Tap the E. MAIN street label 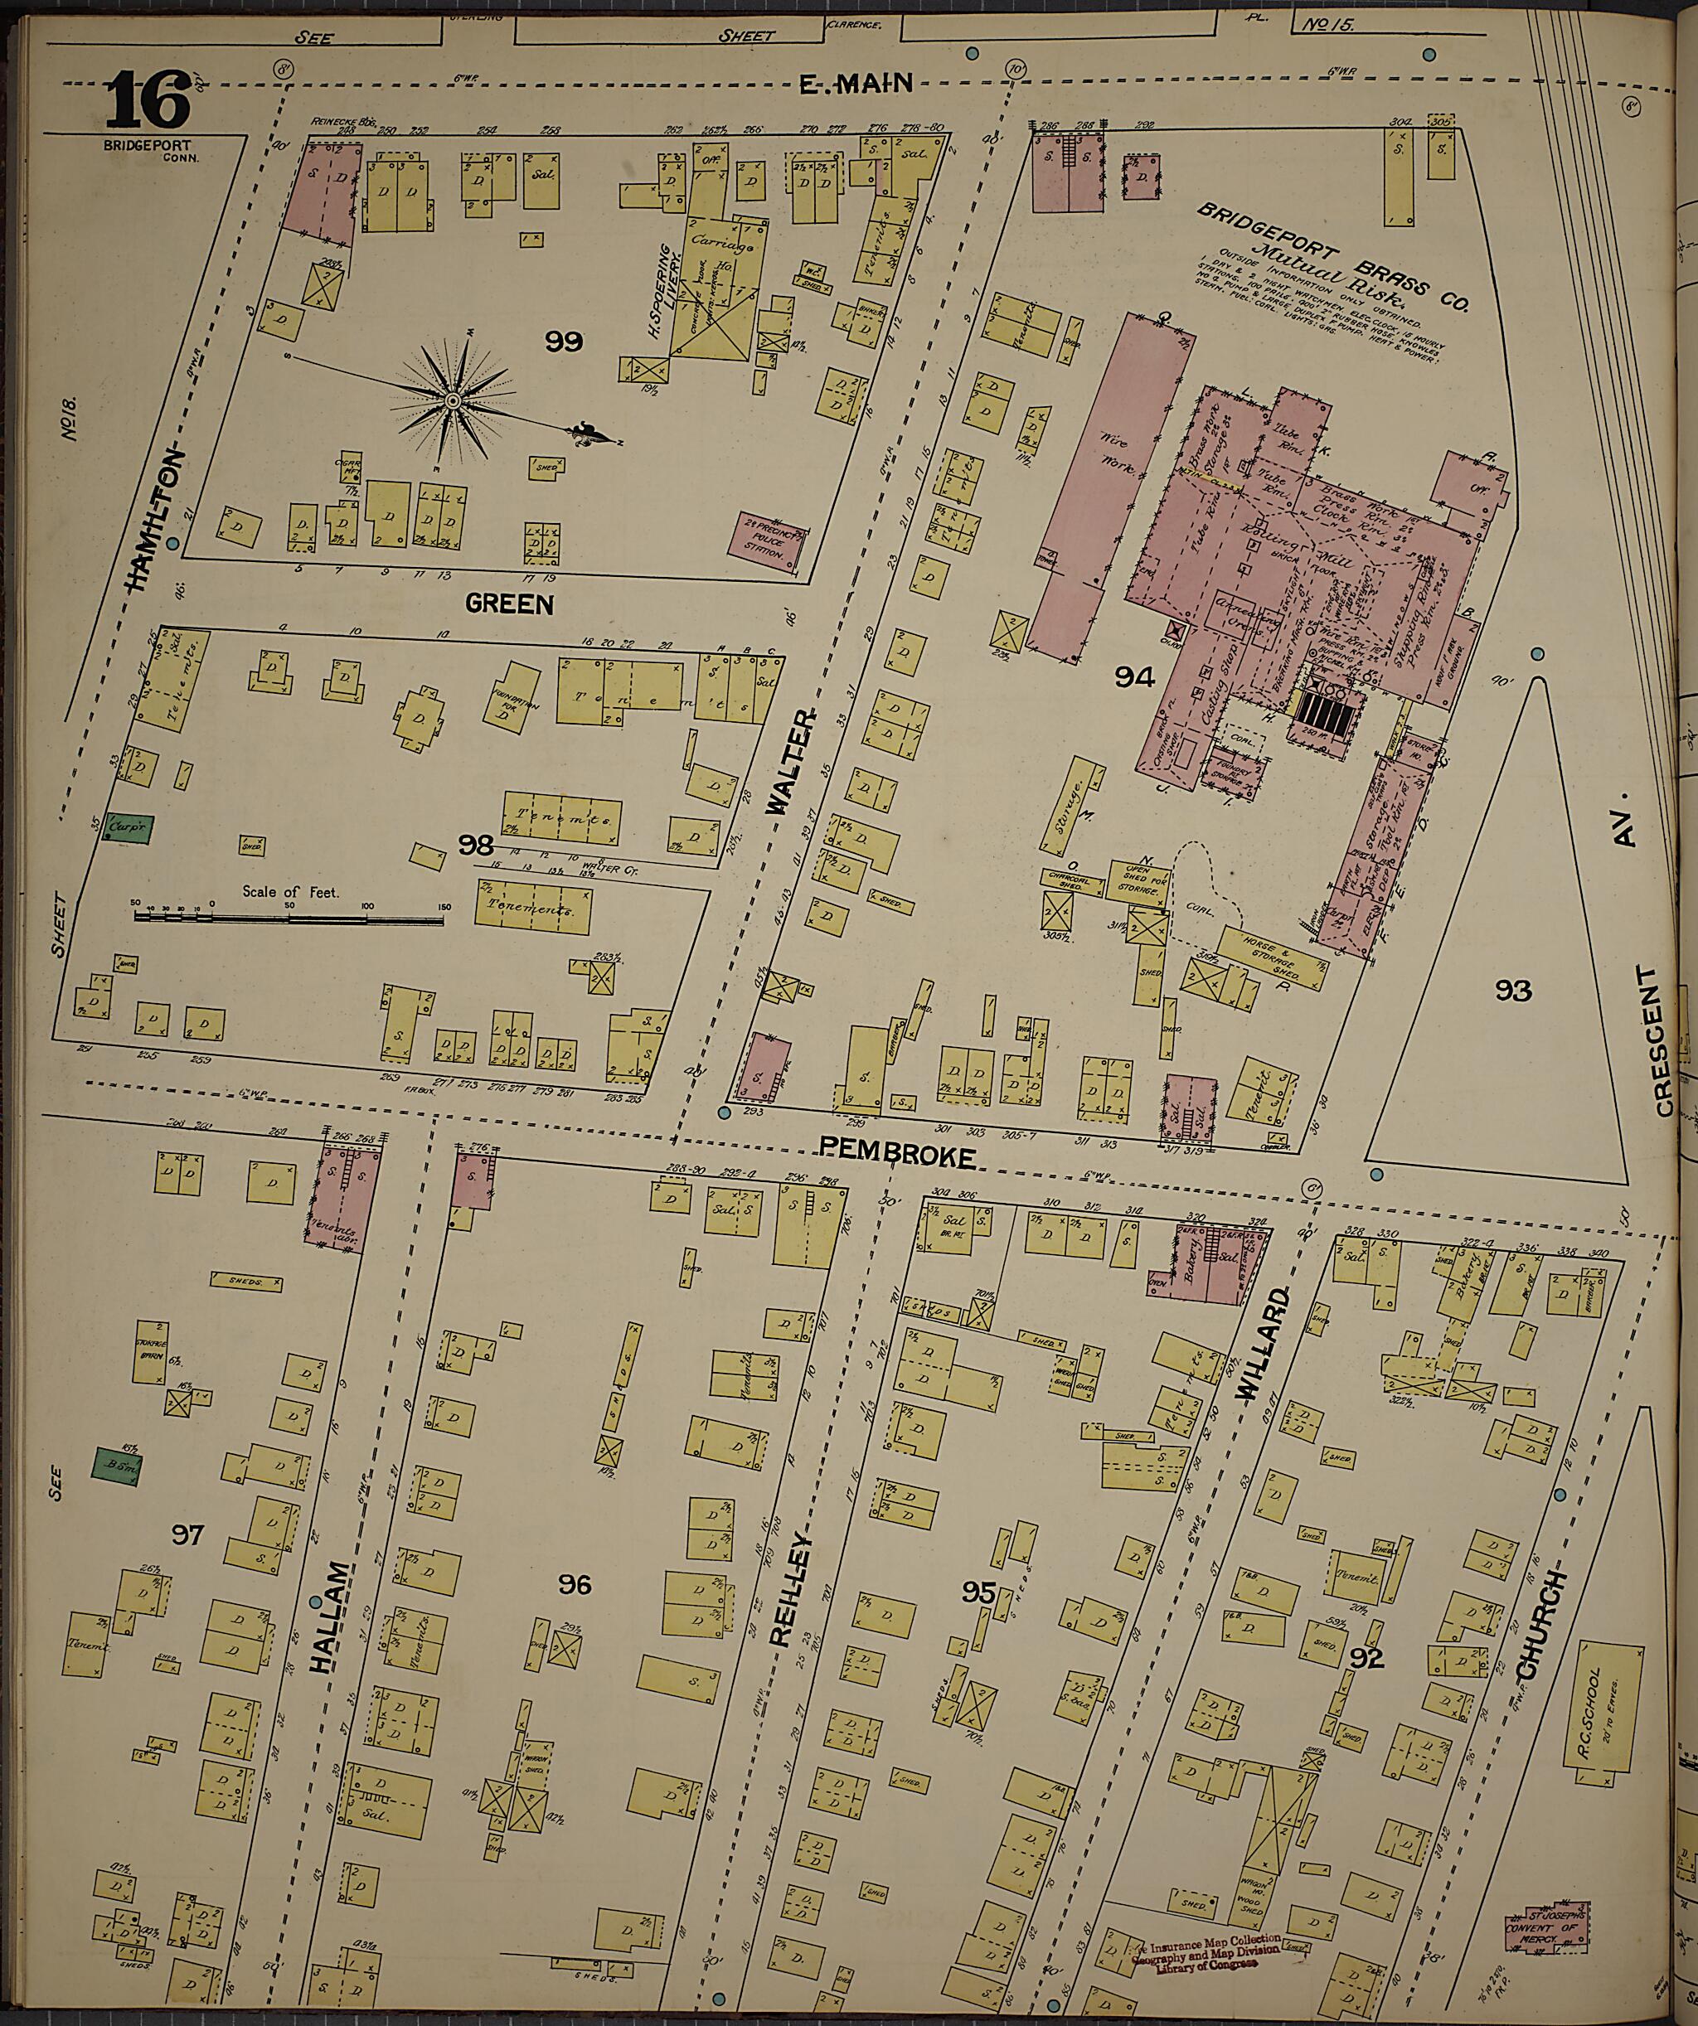coord(856,85)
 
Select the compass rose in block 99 coord(452,400)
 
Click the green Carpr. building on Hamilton coord(128,826)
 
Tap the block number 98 coord(476,846)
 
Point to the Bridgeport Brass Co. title coord(1332,255)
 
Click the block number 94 coord(1134,677)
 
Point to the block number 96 coord(575,1584)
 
